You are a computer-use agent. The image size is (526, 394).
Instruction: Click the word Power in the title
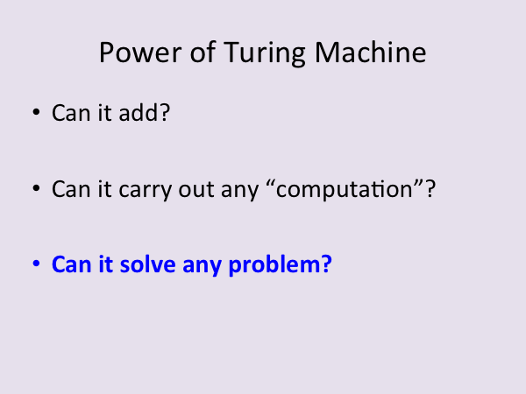(x=140, y=53)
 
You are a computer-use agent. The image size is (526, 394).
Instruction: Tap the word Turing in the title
(x=265, y=53)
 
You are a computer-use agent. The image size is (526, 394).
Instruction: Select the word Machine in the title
(x=370, y=52)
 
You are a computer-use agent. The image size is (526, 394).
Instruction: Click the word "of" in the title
(x=203, y=52)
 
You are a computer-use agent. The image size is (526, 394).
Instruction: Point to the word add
(x=138, y=112)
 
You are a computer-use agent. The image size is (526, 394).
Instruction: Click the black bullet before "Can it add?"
(x=36, y=112)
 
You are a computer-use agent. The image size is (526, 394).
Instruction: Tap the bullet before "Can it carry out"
(x=36, y=188)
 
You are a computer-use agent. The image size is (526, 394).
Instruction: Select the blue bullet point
(x=36, y=264)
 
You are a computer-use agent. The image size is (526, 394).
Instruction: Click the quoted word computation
(x=345, y=190)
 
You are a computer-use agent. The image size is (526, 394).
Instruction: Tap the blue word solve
(x=147, y=264)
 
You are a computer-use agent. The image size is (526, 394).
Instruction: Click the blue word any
(x=202, y=267)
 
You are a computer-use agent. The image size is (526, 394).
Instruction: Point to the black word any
(x=240, y=192)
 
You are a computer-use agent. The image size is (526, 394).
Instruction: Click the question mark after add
(x=165, y=112)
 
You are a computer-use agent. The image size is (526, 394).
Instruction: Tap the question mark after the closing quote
(x=430, y=188)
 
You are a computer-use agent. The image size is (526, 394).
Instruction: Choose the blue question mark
(x=326, y=264)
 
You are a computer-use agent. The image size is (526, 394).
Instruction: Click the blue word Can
(x=71, y=264)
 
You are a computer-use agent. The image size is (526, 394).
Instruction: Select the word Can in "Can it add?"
(x=71, y=113)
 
